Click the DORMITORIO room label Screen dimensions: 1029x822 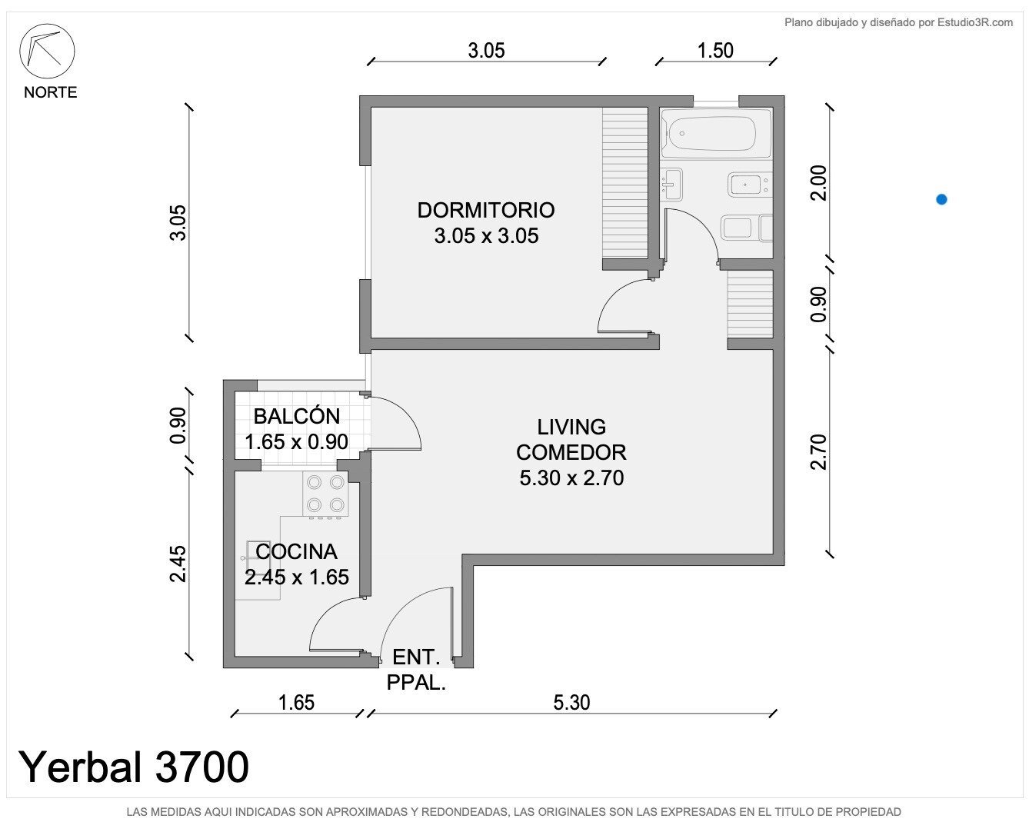pyautogui.click(x=486, y=211)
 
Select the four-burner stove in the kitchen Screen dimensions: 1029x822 pyautogui.click(x=325, y=494)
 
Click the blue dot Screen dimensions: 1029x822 pyautogui.click(x=941, y=199)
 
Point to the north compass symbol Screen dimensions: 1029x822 pyautogui.click(x=47, y=52)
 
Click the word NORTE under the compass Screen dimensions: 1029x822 pyautogui.click(x=50, y=92)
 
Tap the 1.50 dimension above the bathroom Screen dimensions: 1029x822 pyautogui.click(x=715, y=51)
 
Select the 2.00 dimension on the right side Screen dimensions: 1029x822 pyautogui.click(x=818, y=183)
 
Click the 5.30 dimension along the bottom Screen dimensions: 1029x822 pyautogui.click(x=571, y=703)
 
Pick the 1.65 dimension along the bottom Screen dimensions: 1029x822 pyautogui.click(x=296, y=703)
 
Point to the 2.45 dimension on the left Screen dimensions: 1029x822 pyautogui.click(x=178, y=564)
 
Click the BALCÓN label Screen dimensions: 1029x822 pyautogui.click(x=296, y=417)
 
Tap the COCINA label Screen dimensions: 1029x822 pyautogui.click(x=296, y=552)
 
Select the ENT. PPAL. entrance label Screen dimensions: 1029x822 pyautogui.click(x=416, y=670)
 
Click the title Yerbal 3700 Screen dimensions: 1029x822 pyautogui.click(x=133, y=767)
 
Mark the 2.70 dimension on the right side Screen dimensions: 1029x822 pyautogui.click(x=818, y=452)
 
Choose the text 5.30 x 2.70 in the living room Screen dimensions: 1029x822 pyautogui.click(x=571, y=478)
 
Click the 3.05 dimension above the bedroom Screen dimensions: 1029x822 pyautogui.click(x=486, y=51)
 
